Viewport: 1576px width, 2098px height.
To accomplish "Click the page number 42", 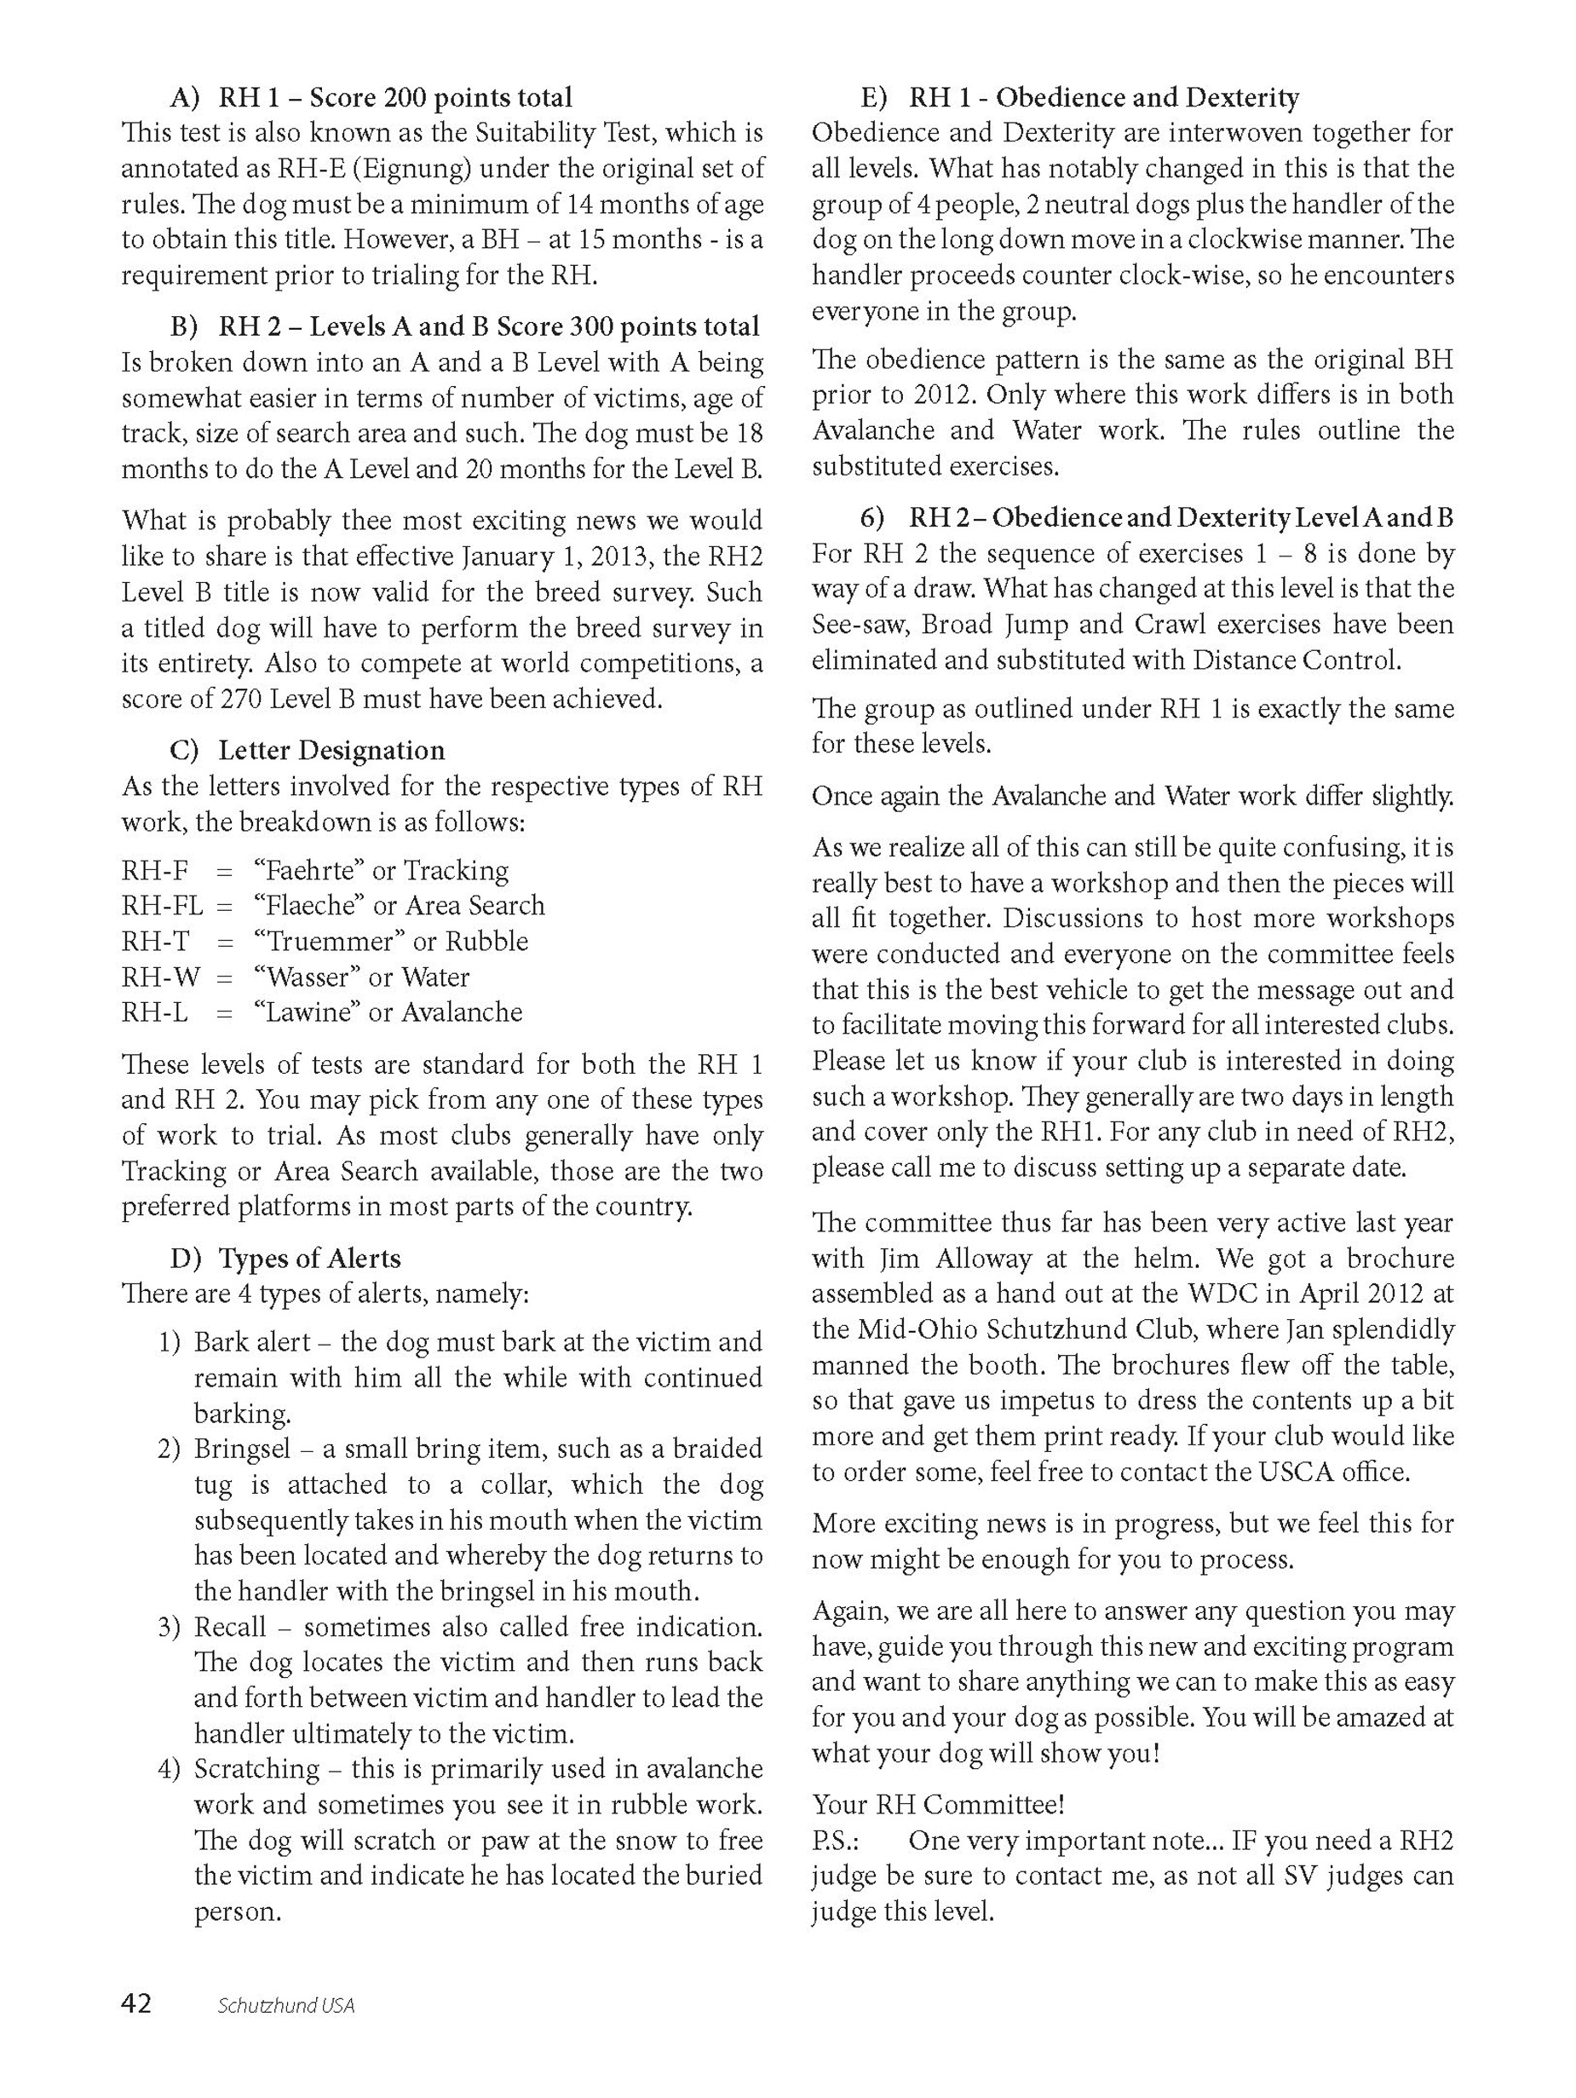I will tap(135, 2003).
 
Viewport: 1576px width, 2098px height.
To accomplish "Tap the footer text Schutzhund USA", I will tap(285, 2005).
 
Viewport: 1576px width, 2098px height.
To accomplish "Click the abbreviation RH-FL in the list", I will tap(162, 906).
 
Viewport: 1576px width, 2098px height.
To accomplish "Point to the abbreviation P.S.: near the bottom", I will tap(836, 1841).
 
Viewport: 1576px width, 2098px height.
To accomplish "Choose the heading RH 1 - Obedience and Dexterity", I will tap(1104, 98).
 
